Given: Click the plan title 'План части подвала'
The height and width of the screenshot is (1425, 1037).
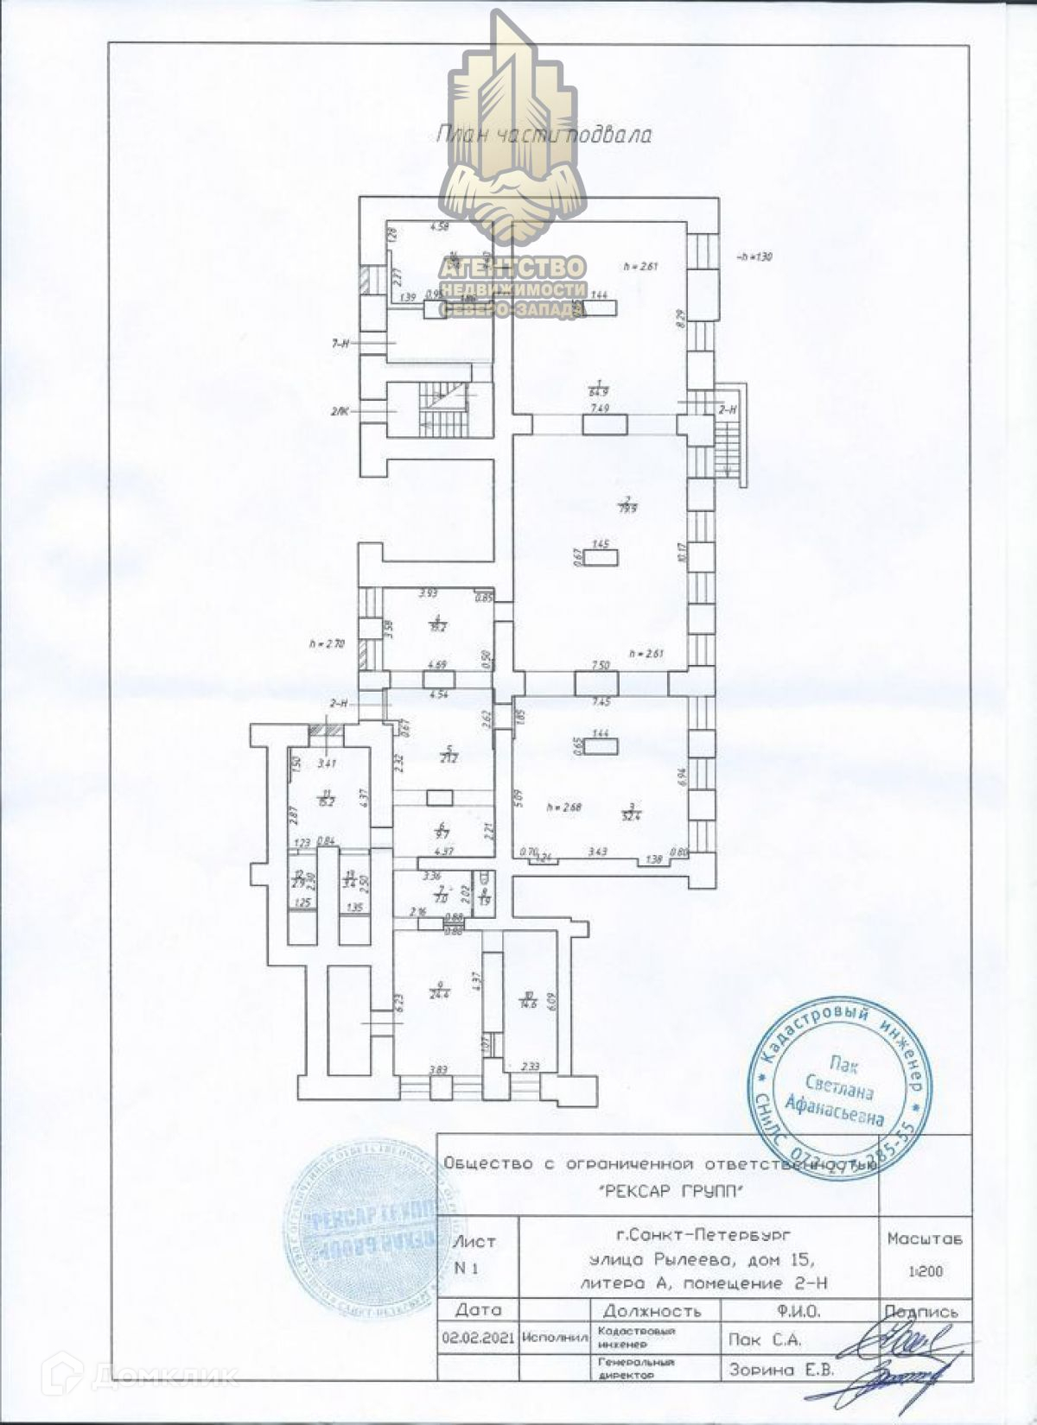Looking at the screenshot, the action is pyautogui.click(x=544, y=135).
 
